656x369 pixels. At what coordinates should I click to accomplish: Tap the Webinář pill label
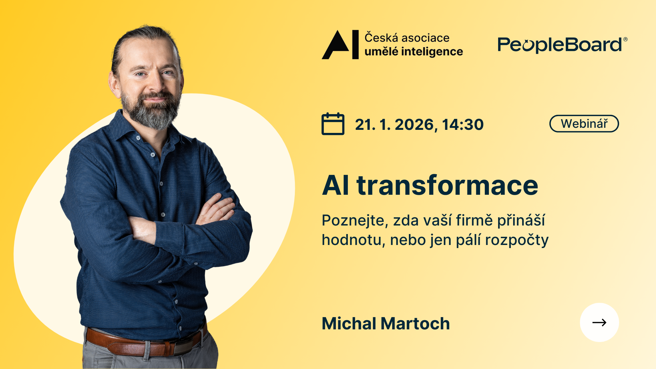point(584,124)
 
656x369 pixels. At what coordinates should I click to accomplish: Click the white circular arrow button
point(599,322)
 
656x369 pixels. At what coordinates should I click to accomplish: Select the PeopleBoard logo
point(562,45)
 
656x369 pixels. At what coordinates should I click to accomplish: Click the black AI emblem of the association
point(340,44)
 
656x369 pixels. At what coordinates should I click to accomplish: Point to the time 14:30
point(463,124)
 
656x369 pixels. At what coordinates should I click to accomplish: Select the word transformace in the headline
point(448,186)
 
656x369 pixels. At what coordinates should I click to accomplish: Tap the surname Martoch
point(415,324)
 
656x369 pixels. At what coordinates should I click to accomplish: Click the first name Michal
point(349,324)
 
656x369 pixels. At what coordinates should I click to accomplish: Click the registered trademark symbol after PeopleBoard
point(626,39)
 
